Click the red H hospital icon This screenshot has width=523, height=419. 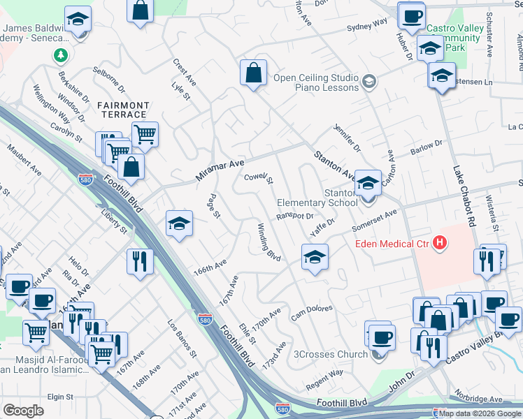point(440,243)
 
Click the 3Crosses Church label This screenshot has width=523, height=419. point(331,354)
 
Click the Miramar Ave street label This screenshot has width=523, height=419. point(220,170)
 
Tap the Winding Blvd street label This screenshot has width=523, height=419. point(269,242)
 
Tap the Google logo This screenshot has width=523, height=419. point(24,411)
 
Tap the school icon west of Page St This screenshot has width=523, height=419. point(179,224)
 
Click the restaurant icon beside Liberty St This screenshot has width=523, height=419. point(140,262)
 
